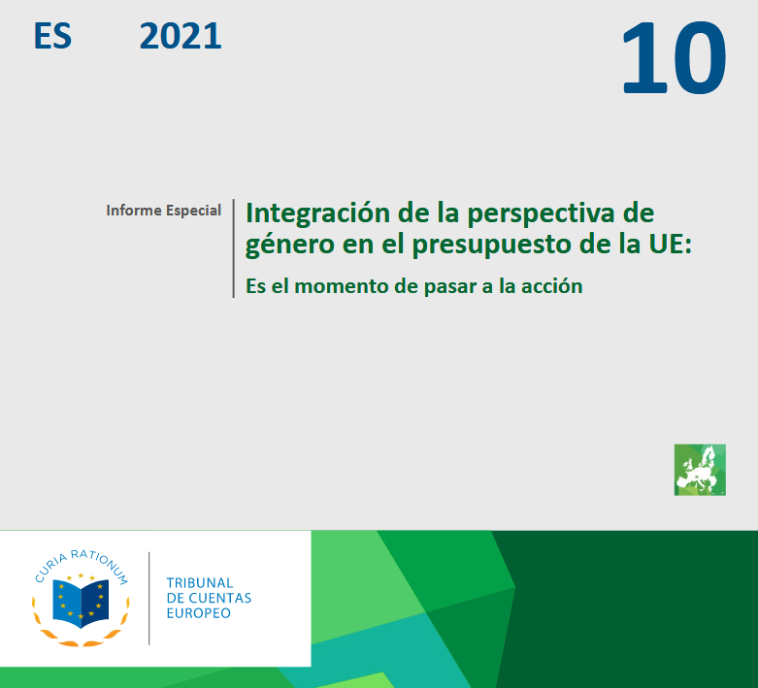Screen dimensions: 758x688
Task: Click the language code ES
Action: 52,36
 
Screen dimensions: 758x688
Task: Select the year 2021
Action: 181,36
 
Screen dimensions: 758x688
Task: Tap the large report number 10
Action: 674,58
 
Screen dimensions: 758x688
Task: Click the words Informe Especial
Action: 163,211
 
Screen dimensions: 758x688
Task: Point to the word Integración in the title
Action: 317,213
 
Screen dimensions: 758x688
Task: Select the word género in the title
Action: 289,246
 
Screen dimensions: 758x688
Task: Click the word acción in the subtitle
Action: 551,285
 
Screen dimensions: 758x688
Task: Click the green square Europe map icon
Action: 700,470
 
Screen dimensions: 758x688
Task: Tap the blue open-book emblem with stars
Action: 81,602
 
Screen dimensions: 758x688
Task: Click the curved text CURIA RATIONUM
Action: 81,561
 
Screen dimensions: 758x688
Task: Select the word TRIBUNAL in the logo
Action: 200,582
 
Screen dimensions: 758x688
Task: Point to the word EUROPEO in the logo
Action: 199,613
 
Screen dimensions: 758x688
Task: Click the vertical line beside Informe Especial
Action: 234,248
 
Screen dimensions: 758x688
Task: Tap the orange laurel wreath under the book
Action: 81,629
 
